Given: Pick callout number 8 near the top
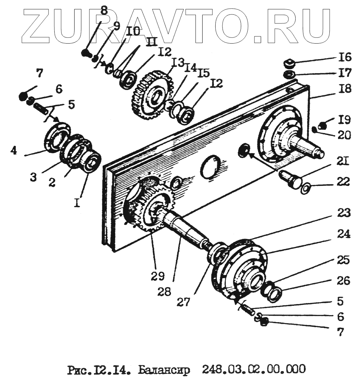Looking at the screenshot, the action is (104, 10).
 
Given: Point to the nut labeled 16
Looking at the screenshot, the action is (288, 64).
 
